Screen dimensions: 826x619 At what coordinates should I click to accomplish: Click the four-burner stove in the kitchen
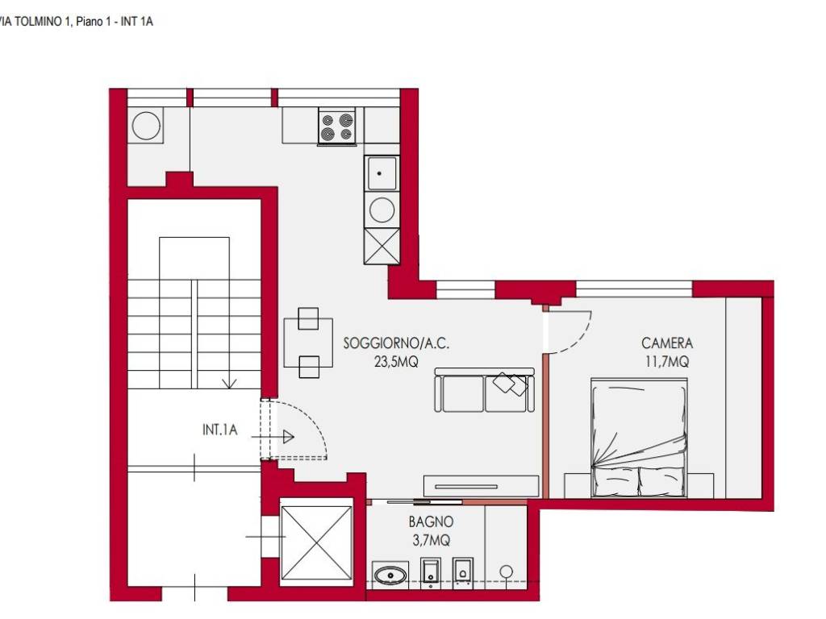click(x=337, y=127)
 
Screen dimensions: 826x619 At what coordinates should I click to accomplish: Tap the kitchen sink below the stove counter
click(x=382, y=172)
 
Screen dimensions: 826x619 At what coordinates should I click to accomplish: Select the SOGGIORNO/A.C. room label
click(x=396, y=343)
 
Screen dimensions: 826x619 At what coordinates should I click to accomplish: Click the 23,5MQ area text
click(x=396, y=362)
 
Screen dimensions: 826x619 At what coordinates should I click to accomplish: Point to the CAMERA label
click(x=667, y=343)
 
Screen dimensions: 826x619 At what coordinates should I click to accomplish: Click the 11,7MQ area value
click(x=667, y=362)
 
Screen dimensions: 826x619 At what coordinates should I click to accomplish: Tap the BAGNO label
click(x=431, y=521)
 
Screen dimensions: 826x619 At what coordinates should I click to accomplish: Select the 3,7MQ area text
click(x=431, y=540)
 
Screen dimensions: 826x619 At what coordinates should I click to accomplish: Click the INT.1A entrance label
click(x=219, y=430)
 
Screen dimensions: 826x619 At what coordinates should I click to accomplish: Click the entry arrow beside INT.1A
click(x=273, y=437)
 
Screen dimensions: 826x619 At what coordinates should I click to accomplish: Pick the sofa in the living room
click(x=484, y=390)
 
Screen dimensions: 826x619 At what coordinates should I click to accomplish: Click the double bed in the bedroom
click(x=639, y=438)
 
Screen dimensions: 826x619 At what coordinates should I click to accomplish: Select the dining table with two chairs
click(x=308, y=343)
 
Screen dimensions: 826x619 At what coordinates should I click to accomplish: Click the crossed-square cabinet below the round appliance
click(x=382, y=246)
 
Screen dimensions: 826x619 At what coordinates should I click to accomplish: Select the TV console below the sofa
click(x=481, y=486)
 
